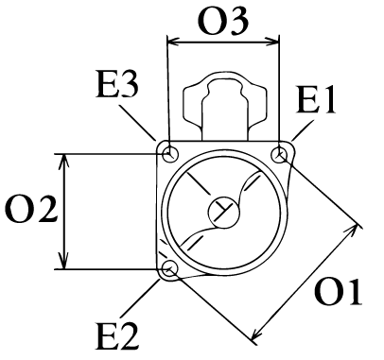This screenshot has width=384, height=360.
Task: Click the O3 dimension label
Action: [x=223, y=21]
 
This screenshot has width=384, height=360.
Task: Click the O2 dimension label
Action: [x=31, y=210]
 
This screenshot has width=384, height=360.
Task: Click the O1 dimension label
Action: [x=338, y=292]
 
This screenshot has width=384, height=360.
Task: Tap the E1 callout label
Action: [x=316, y=99]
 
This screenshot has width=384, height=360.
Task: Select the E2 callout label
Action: [x=117, y=336]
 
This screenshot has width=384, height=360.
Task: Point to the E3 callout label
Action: [x=117, y=84]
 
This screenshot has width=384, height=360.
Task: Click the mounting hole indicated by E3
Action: [x=170, y=154]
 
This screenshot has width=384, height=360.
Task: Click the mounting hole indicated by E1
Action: [x=279, y=155]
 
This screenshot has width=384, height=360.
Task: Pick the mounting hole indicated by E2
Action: [x=169, y=268]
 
